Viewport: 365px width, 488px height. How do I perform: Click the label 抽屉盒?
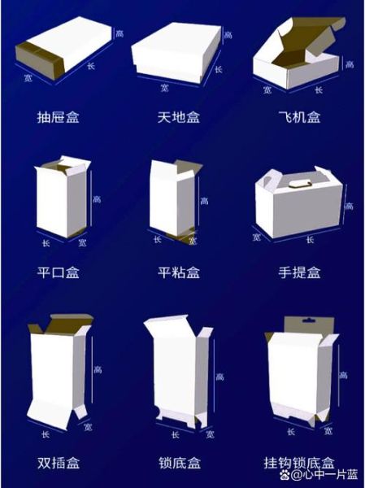(59, 116)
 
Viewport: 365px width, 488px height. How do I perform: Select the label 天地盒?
(178, 116)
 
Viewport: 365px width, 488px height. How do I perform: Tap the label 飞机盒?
(299, 116)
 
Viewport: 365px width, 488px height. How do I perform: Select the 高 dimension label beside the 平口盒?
(97, 198)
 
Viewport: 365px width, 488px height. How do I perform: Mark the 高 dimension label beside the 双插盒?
(98, 369)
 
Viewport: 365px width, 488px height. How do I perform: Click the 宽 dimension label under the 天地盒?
(165, 87)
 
